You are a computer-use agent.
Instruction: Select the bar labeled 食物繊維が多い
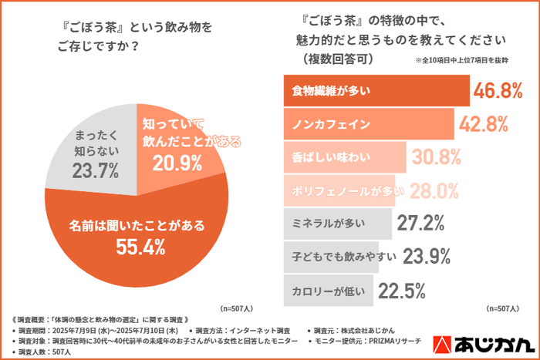click(376, 91)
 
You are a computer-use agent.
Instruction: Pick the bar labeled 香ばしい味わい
click(344, 157)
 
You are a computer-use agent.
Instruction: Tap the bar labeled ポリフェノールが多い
click(339, 190)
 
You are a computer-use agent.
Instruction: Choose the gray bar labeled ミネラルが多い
click(338, 224)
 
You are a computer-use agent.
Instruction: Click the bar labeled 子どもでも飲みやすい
click(332, 257)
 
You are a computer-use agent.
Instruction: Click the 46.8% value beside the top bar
click(498, 91)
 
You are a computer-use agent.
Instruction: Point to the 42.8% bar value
click(483, 124)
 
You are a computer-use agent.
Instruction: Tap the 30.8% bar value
click(435, 157)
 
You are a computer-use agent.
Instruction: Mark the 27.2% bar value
click(420, 224)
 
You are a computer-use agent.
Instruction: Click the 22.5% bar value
click(402, 290)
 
